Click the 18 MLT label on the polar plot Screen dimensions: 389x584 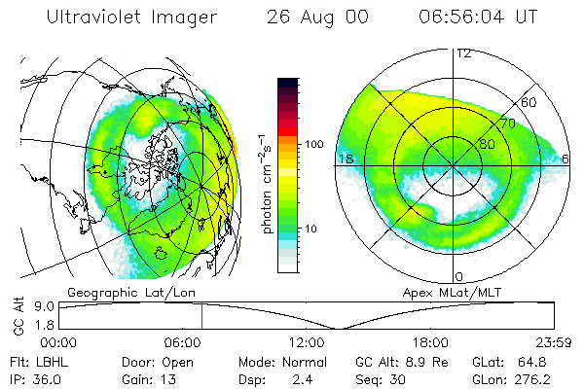(344, 158)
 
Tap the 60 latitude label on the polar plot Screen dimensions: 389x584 (529, 102)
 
